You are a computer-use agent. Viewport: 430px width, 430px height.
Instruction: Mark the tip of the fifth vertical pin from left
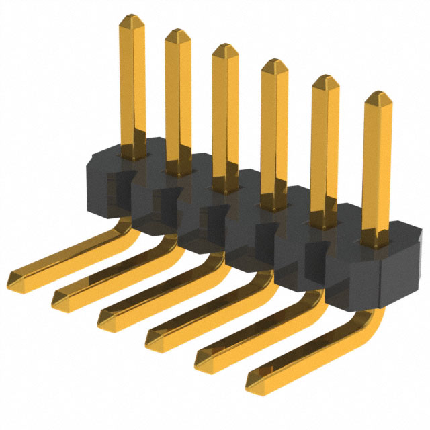point(325,80)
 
